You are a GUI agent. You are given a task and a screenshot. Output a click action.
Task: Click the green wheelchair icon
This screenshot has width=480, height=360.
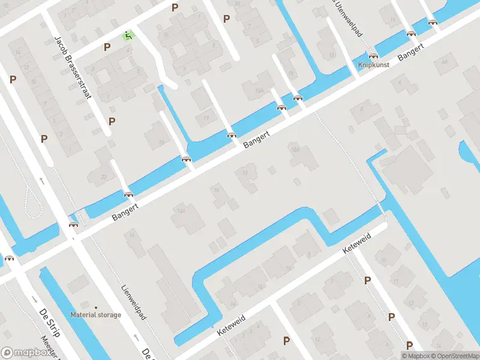tap(127, 35)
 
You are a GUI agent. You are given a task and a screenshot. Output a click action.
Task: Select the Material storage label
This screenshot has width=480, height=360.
tap(95, 314)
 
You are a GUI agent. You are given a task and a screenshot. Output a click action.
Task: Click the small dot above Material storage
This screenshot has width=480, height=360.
tap(95, 307)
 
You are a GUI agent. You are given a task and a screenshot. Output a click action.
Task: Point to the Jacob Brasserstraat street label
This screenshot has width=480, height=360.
tap(72, 67)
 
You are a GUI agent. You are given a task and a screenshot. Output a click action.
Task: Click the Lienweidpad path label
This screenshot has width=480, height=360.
tap(133, 302)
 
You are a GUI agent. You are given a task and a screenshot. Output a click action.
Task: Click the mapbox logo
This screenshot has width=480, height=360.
tap(25, 352)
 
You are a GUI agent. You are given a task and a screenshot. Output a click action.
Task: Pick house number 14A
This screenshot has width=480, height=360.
tap(180, 211)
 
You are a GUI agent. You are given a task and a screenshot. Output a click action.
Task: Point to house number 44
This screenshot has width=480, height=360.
tap(444, 62)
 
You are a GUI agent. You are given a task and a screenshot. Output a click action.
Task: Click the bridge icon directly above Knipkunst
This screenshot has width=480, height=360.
tap(373, 55)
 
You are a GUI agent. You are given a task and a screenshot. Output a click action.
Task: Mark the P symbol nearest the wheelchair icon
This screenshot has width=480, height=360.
tap(107, 47)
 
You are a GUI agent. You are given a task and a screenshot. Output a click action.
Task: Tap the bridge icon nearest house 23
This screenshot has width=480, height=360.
tap(128, 194)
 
